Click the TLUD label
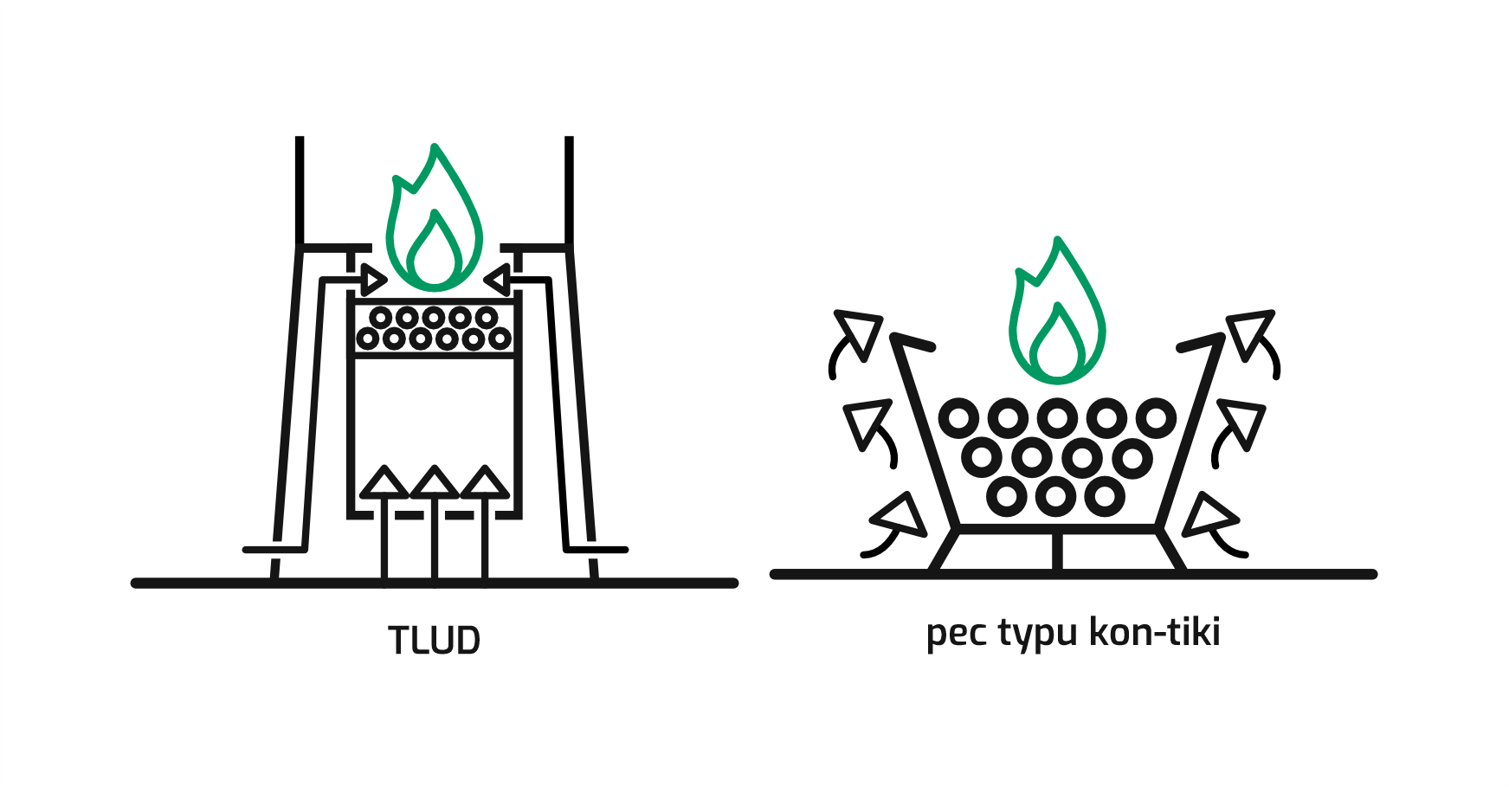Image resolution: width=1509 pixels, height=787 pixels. click(x=434, y=641)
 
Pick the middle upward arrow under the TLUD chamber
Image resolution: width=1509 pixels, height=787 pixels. click(x=435, y=523)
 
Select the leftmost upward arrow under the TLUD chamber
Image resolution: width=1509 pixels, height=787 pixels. click(x=384, y=523)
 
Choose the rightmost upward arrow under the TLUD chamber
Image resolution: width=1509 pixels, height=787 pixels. click(x=485, y=523)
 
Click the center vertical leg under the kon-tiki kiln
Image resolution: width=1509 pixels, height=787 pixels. click(x=1057, y=552)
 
